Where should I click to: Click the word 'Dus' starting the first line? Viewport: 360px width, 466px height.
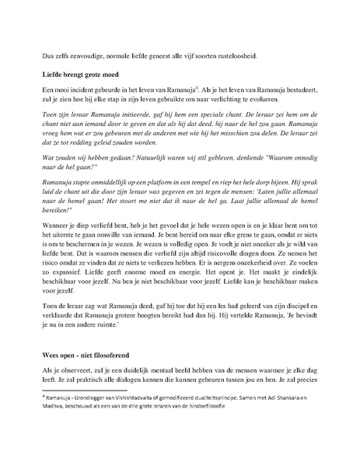tap(49, 56)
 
